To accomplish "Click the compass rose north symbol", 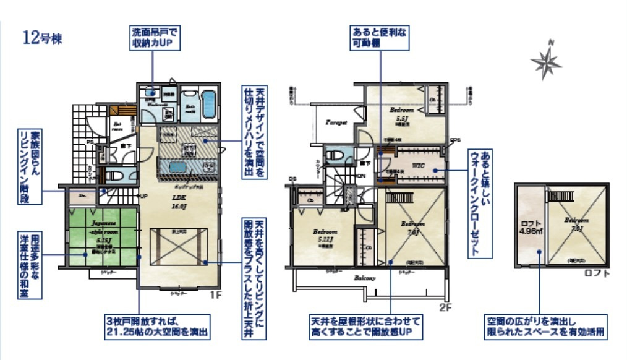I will tap(546, 60).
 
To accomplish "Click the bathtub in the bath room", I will tap(208, 103).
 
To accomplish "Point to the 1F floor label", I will tap(215, 296).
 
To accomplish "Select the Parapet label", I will tap(336, 122).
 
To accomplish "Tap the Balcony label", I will tap(365, 278).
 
